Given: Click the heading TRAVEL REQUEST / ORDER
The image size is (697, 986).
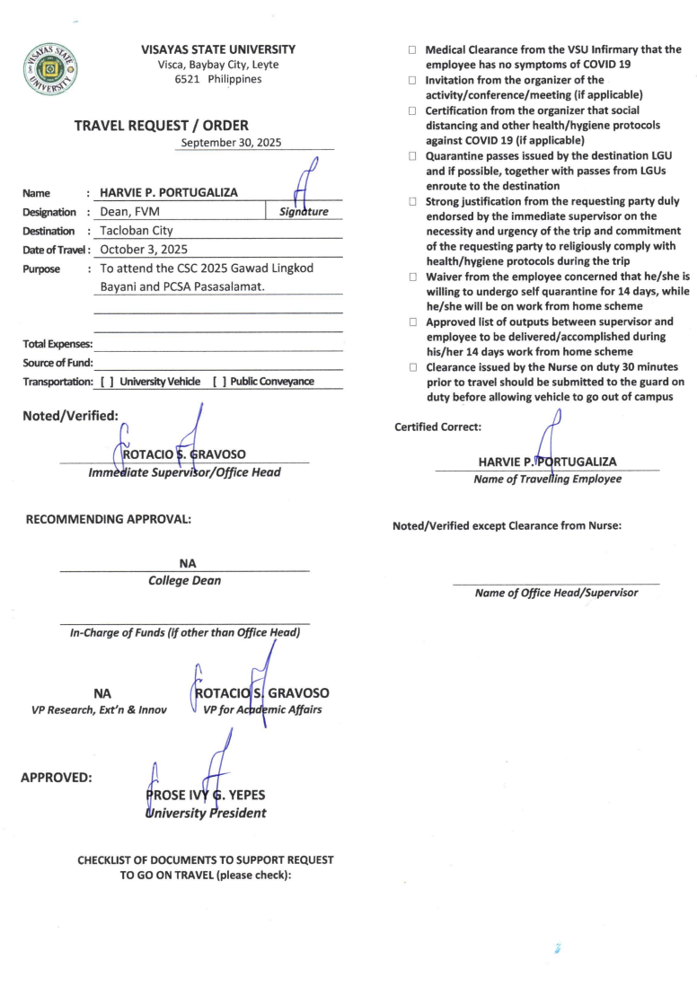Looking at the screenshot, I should [x=161, y=126].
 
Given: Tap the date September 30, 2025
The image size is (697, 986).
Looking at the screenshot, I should [x=231, y=143].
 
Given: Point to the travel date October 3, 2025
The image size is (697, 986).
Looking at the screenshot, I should [x=144, y=250].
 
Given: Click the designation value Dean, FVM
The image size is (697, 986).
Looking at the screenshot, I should [x=130, y=212].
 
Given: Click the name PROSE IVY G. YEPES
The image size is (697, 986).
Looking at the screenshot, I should [x=205, y=796].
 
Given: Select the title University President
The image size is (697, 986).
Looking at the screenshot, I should [x=205, y=814].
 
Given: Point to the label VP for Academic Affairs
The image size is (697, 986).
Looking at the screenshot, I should [x=262, y=710].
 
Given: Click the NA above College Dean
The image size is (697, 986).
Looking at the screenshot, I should [x=187, y=563].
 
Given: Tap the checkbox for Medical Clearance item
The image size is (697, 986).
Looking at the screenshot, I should [x=413, y=50].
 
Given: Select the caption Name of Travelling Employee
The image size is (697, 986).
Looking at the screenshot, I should [x=547, y=479].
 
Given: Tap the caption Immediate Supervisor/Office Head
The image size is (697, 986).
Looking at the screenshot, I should [x=184, y=472].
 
